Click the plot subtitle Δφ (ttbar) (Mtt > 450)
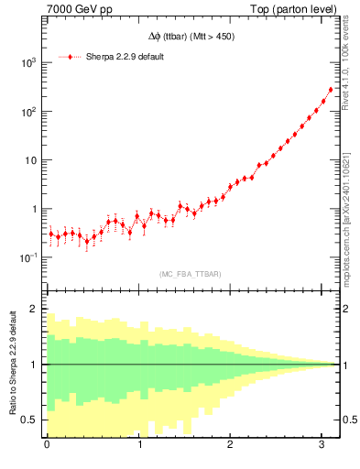point(190,38)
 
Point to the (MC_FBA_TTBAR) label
point(190,275)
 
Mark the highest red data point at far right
point(331,90)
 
